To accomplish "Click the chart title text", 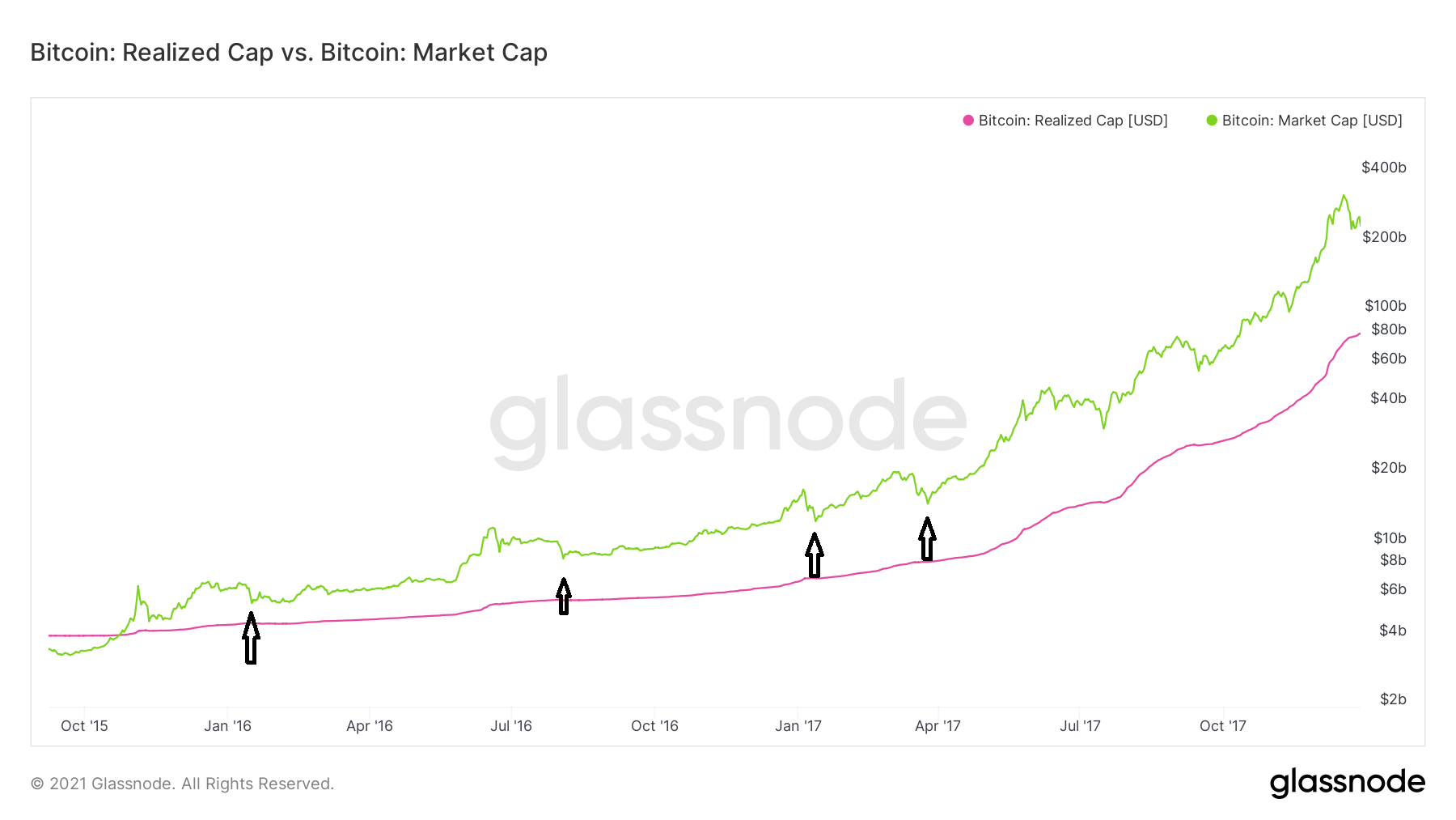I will pos(289,53).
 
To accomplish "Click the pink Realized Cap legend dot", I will pos(968,121).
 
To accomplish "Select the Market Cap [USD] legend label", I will pos(1311,121).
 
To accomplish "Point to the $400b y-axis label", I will pos(1383,168).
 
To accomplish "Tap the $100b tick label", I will pos(1385,306).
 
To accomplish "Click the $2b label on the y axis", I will pos(1392,699).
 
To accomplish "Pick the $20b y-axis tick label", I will pos(1388,468).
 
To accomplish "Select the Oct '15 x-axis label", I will pos(84,726).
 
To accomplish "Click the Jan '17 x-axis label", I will pos(798,726).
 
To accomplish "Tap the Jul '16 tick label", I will pos(511,726).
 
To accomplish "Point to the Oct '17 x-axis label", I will pos(1222,726).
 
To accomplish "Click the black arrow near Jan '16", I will pos(251,639).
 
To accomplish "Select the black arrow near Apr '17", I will pos(927,540).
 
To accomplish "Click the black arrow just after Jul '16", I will pos(564,597).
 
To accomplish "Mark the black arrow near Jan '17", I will pos(814,555).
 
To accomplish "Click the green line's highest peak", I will pos(1344,196).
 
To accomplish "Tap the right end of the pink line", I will pos(1359,334).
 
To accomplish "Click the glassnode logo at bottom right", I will pos(1347,783).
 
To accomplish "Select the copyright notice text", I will pos(182,784).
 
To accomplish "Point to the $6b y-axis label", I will pos(1392,589).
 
